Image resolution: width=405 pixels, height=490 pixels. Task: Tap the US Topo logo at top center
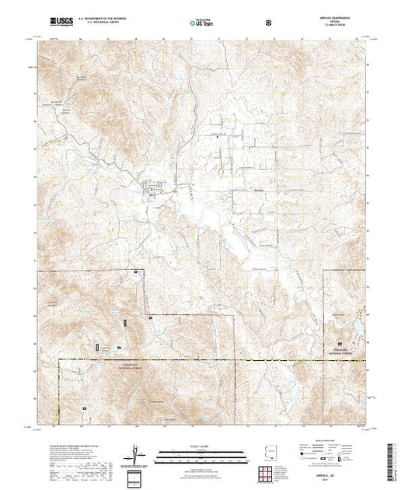click(202, 23)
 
